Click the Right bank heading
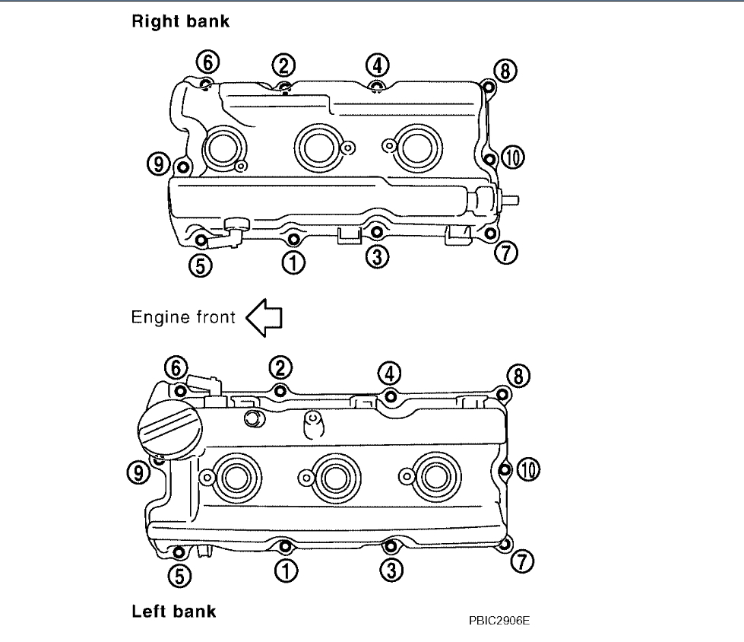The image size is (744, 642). (x=180, y=22)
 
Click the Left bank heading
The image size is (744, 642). (x=174, y=611)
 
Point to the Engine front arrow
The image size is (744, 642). (x=264, y=317)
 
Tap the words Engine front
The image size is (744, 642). (x=183, y=317)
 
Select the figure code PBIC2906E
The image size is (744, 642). (x=499, y=620)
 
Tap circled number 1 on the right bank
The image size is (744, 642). (x=293, y=262)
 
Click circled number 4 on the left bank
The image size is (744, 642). (x=390, y=373)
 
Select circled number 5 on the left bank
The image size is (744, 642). (x=179, y=576)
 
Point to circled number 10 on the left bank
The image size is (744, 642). (x=526, y=470)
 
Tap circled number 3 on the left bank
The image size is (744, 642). (x=391, y=570)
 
